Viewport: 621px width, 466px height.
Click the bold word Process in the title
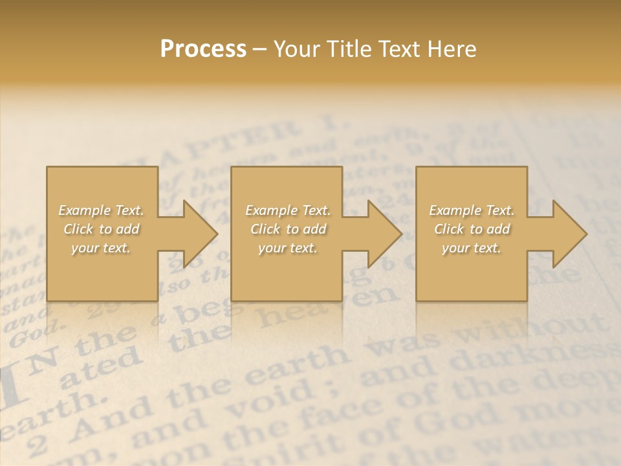click(203, 49)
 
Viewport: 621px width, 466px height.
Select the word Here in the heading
click(452, 49)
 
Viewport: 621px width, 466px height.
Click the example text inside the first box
click(102, 229)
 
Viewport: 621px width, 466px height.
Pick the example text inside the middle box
click(288, 229)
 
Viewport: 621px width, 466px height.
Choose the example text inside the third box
click(472, 229)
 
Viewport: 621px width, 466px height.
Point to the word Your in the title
click(297, 49)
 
